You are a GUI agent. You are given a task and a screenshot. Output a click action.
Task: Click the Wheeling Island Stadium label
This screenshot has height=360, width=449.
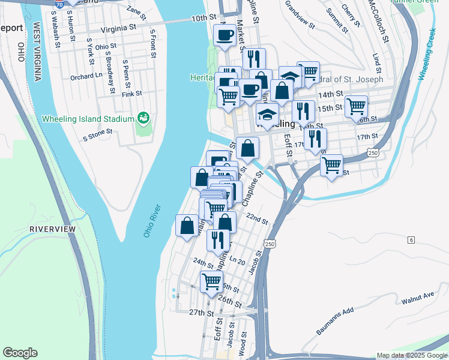[88, 119]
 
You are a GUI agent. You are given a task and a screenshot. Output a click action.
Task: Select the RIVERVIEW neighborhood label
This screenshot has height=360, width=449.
[53, 230]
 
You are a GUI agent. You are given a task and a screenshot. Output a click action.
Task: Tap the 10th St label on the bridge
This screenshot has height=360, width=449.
[199, 19]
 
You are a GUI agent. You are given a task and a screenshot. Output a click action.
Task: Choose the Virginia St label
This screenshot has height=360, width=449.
[118, 28]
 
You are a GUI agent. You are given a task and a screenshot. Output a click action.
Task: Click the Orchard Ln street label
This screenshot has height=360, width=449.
[86, 77]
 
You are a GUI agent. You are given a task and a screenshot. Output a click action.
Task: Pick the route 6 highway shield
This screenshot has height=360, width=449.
[411, 240]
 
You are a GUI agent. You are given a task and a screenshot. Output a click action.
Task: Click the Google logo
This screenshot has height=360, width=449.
[20, 353]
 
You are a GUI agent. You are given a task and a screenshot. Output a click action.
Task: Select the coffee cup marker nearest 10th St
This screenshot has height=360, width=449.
[225, 35]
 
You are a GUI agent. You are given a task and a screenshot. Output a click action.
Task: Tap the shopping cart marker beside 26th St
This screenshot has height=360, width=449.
[211, 281]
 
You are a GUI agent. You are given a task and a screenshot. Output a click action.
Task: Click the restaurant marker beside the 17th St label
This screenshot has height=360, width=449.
[315, 139]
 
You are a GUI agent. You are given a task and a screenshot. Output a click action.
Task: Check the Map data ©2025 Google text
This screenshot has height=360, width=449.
[411, 355]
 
